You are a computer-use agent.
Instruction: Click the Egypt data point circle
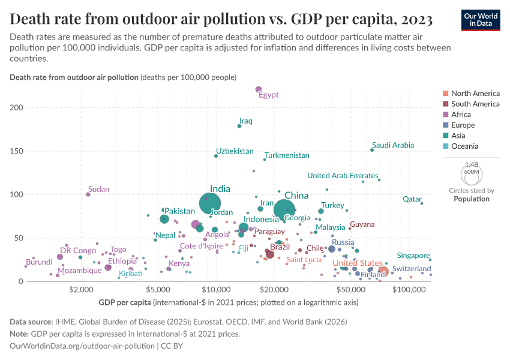259,90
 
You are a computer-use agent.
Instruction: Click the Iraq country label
246,121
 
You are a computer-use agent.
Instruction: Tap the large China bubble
284,209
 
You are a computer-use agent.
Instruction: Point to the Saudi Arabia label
393,145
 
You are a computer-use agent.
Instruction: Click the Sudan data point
88,194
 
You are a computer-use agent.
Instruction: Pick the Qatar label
412,199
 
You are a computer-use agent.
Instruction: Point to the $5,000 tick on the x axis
157,289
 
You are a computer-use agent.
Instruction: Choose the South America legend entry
475,104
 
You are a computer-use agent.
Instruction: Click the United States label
358,263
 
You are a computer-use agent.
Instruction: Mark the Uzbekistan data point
216,156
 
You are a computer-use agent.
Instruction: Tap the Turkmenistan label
287,155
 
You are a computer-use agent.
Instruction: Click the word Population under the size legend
472,199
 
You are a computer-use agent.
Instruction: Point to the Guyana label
362,224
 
